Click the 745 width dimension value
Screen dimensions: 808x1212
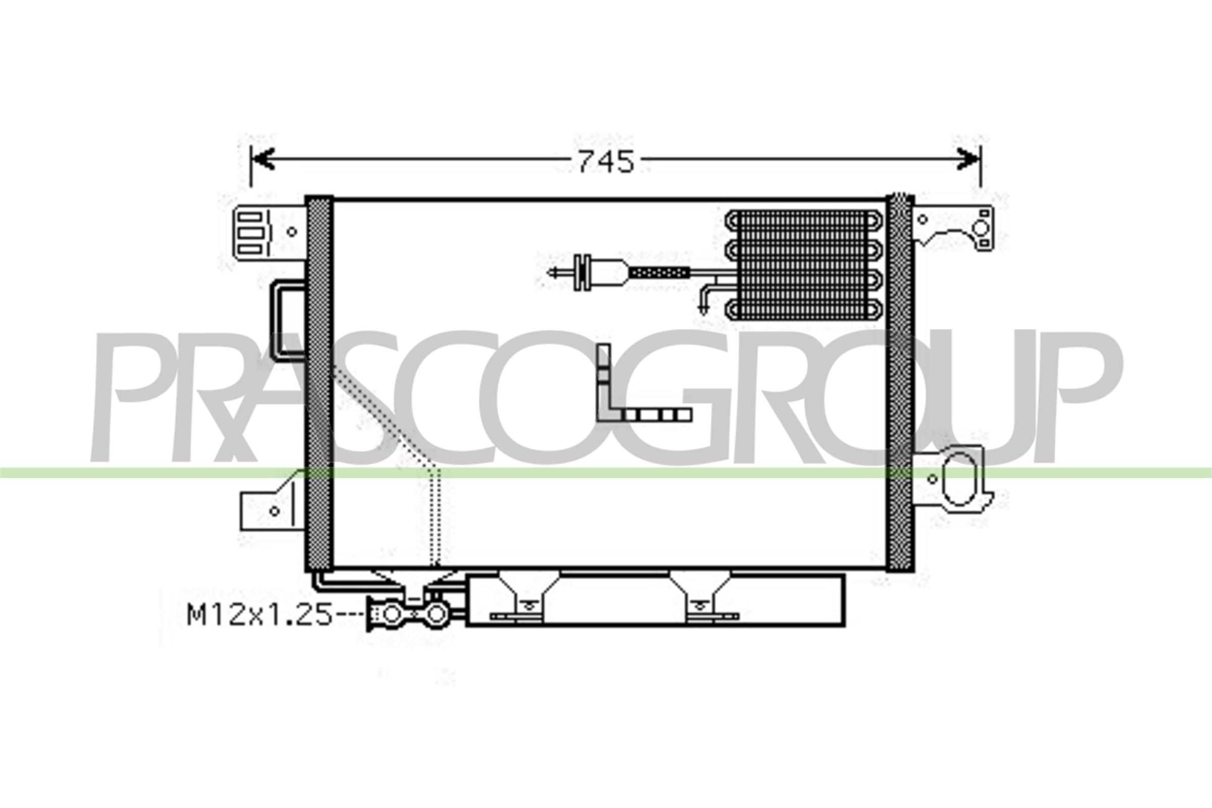tap(605, 162)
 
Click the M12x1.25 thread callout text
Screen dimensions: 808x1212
tap(259, 615)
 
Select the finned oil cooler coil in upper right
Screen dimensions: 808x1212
tap(804, 264)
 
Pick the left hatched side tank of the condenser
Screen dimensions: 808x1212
tap(319, 384)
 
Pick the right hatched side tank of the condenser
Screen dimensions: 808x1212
tap(900, 384)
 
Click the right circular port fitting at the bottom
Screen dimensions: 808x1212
tap(436, 614)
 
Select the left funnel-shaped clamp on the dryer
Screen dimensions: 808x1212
tap(528, 592)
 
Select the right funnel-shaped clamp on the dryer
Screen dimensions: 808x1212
tap(700, 592)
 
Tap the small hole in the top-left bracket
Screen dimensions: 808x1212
tap(292, 232)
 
